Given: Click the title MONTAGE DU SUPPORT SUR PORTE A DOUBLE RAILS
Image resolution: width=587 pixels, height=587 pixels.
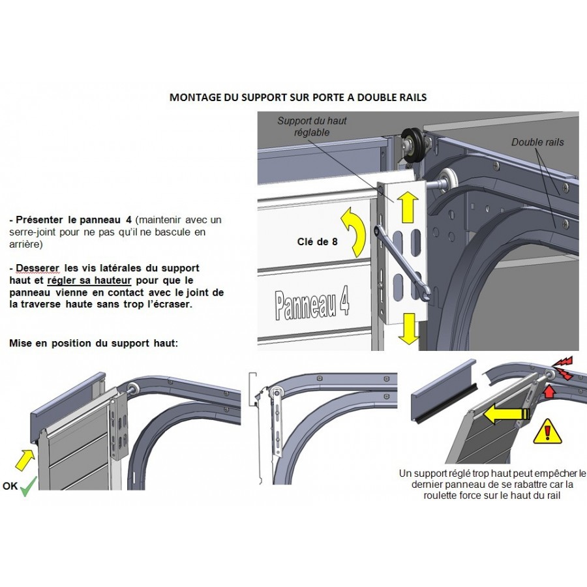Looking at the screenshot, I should pos(298,97).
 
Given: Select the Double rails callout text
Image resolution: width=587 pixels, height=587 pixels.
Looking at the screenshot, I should pos(537,142).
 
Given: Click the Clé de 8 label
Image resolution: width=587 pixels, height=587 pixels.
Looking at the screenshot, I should pos(317,241).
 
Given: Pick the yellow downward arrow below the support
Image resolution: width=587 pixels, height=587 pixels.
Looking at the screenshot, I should pos(410,328).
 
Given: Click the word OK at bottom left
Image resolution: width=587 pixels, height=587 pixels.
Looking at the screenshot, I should pos(10,486).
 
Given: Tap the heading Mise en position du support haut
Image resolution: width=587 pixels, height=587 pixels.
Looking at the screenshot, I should pos(93,343).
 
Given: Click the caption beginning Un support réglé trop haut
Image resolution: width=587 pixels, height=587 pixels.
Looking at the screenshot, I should pos(492,485).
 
